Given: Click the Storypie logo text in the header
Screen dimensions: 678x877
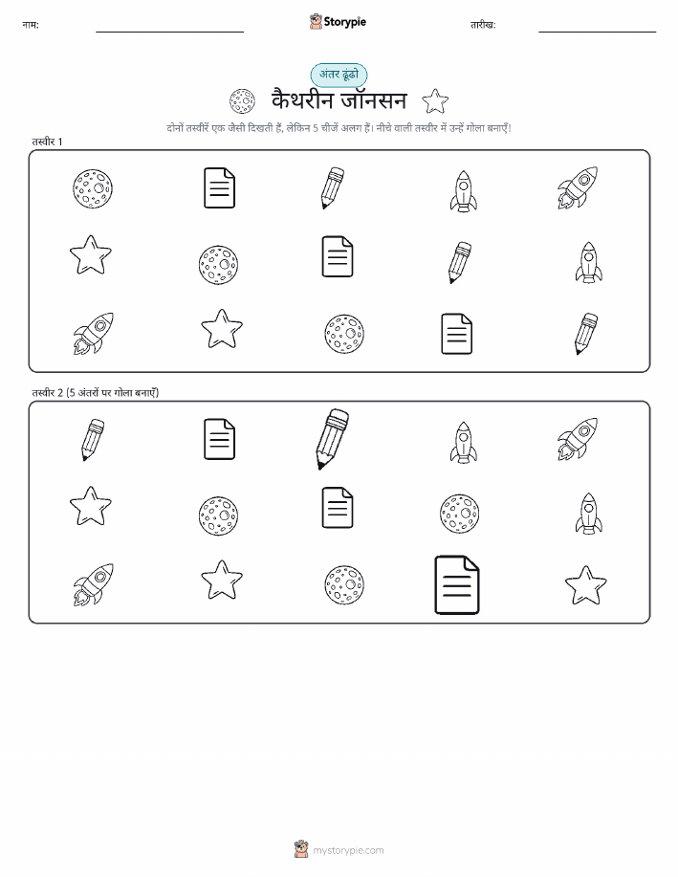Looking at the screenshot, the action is click(344, 22).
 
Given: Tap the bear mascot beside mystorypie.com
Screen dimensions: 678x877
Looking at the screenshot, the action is click(301, 849).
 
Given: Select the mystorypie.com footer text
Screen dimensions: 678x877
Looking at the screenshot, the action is click(348, 850).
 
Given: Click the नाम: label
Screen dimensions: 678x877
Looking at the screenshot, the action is click(31, 25).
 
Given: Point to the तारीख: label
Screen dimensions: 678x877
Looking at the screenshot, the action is click(483, 25).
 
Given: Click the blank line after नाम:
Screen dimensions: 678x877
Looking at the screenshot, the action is click(169, 32).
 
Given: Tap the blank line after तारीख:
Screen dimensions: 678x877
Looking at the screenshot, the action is click(597, 32).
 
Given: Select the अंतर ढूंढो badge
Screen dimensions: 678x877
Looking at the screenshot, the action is click(339, 75).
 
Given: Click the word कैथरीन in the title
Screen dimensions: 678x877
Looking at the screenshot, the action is click(302, 100).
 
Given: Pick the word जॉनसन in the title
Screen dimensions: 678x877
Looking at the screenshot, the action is click(374, 100).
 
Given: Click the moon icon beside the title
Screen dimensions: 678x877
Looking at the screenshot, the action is click(242, 101).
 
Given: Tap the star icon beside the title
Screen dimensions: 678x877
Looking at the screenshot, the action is click(435, 101).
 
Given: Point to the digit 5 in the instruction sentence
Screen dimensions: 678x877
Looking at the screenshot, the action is click(316, 128).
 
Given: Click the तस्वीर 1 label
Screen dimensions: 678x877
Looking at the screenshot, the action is click(47, 142).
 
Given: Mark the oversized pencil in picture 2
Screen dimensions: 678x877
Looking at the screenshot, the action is click(332, 439).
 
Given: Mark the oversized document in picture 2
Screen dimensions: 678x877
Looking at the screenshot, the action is click(457, 584).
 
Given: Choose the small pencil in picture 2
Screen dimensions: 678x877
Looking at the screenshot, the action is click(93, 440).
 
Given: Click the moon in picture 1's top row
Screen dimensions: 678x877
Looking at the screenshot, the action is click(93, 188).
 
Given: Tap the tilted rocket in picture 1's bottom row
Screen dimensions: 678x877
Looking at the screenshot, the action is click(93, 334).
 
